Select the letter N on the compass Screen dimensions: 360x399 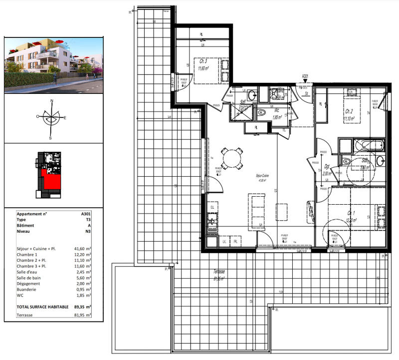tap(51, 101)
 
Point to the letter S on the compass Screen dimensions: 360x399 tap(50, 138)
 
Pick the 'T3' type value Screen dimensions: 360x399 tap(88, 219)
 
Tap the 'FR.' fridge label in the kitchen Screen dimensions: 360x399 tap(235, 242)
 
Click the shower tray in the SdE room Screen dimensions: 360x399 tap(238, 113)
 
